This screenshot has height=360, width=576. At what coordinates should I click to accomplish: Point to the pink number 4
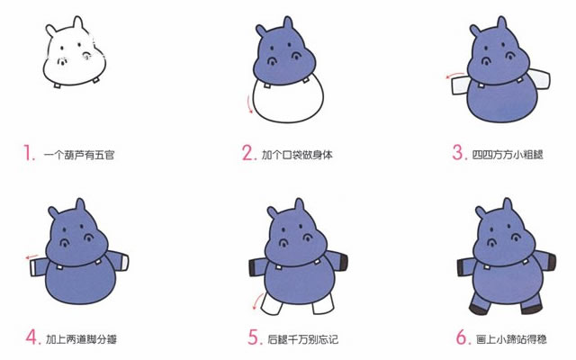point(31,338)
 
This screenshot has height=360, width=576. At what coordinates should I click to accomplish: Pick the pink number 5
point(254,338)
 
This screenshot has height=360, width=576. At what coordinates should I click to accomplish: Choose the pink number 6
point(462,338)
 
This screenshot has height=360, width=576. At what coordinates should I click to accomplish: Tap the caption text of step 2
point(297,155)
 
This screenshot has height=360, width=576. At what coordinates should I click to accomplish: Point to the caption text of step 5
point(303,340)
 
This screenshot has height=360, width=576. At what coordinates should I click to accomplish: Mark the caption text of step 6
point(510,340)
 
